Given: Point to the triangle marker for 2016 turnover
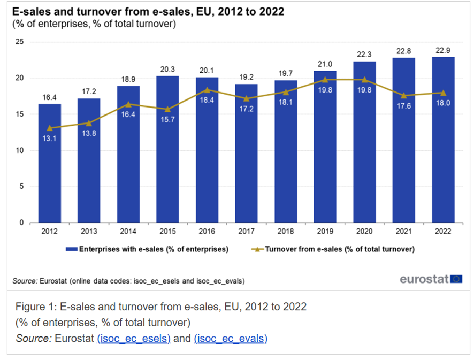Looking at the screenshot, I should pos(207,90).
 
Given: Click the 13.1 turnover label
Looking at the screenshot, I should pos(49,139).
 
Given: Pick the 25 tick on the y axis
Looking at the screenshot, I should pos(20,42).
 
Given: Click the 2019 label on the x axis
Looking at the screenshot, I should pos(325,232).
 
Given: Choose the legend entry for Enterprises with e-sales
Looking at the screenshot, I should pos(147,249).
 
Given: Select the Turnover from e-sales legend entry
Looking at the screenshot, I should pos(332,249).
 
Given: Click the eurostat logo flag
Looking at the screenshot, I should pos(456,279).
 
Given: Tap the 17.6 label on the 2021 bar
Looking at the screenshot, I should pos(403,105).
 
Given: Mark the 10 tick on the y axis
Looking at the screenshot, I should pos(20,150).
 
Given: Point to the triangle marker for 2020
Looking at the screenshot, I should pos(364,80).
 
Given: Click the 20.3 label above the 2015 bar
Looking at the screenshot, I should pos(167,69).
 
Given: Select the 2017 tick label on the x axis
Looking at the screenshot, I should pos(246,232).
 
